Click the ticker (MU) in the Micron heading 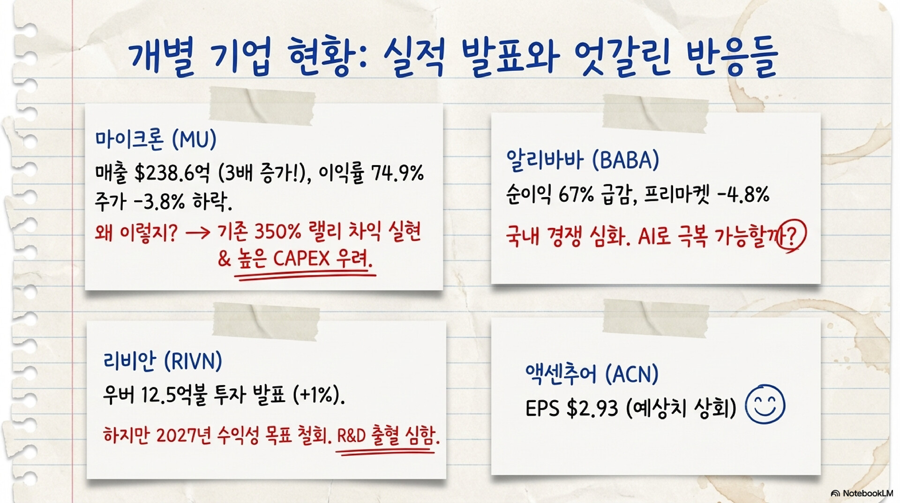point(194,139)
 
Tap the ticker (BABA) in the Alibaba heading point(625,160)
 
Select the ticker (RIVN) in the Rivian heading point(193,361)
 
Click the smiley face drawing point(765,404)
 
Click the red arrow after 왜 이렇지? point(198,233)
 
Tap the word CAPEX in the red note point(301,259)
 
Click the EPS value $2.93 point(592,409)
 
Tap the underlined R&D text point(351,436)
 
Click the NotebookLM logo point(862,493)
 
